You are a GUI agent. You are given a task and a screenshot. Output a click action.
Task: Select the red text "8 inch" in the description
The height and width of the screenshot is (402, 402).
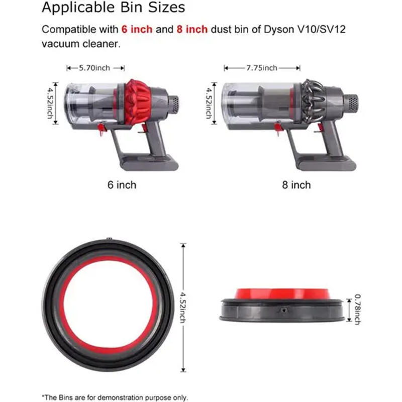tap(191, 29)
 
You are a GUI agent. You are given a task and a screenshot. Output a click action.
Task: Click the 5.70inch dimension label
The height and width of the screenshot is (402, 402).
tap(94, 67)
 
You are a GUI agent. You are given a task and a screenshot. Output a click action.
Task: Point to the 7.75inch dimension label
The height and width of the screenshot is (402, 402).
tap(262, 67)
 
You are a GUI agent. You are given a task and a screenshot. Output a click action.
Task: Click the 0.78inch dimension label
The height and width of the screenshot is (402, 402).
tap(357, 309)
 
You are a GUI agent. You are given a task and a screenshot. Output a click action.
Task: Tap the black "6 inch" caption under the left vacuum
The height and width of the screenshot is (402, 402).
tap(122, 185)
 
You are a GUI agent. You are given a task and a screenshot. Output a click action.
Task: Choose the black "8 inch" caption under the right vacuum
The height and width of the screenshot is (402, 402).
tap(296, 185)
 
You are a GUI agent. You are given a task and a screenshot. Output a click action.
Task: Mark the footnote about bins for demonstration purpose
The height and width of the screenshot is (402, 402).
tap(115, 397)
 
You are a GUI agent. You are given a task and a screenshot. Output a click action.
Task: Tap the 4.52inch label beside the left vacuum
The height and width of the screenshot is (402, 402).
tap(51, 103)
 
